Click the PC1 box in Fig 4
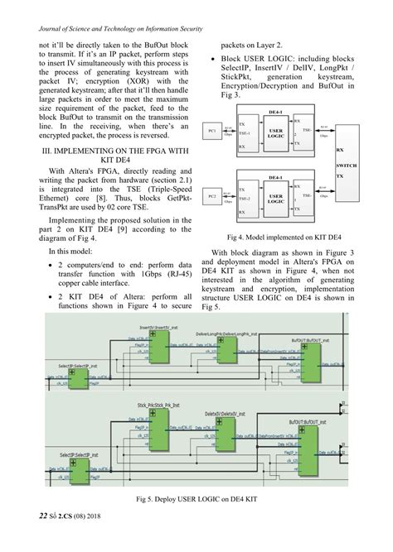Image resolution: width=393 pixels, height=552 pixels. pos(212,132)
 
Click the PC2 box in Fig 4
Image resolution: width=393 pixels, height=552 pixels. pos(212,195)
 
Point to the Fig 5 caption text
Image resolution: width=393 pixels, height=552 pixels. pos(196,501)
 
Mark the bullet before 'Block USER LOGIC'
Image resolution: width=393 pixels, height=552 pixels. pos(215,60)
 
